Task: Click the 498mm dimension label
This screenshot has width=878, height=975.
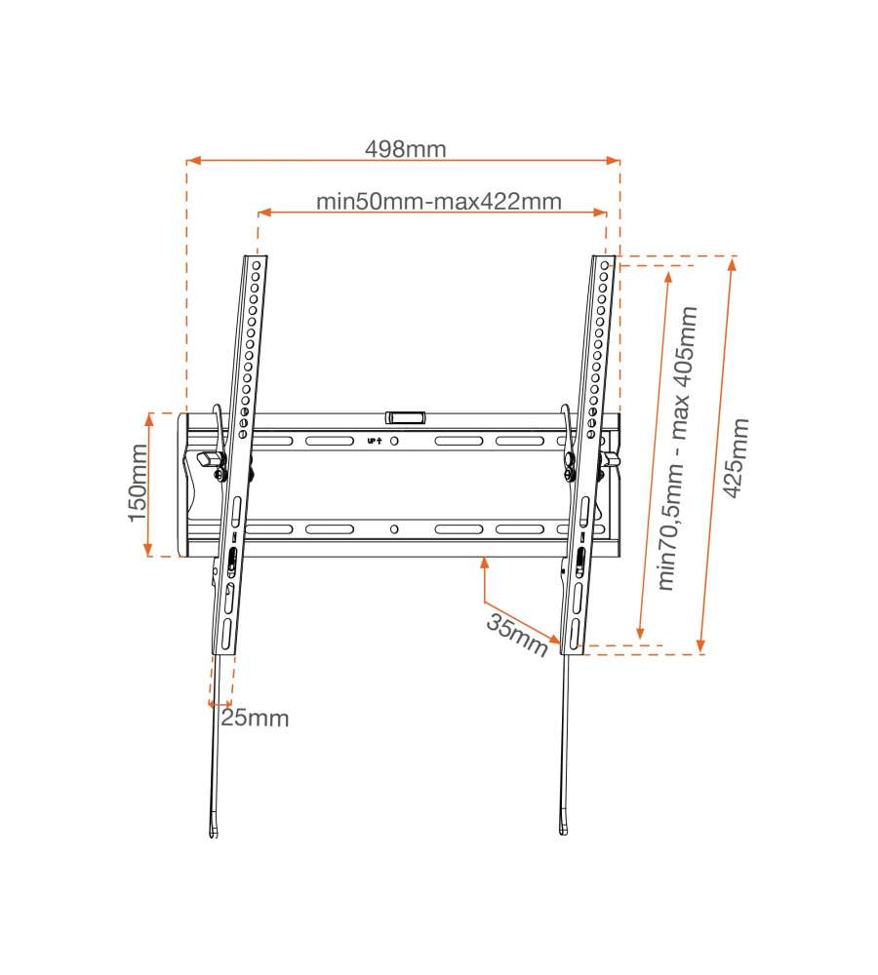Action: [x=405, y=149]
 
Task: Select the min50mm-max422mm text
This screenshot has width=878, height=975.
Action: [x=439, y=202]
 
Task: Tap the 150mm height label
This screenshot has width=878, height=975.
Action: [x=138, y=484]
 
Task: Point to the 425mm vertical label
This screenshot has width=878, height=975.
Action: [x=736, y=457]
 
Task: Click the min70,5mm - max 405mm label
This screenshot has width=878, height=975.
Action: [x=676, y=448]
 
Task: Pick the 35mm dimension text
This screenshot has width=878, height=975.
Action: [x=517, y=635]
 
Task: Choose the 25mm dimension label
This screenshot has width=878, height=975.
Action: [x=256, y=718]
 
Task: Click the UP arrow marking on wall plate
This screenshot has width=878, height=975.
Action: [x=374, y=441]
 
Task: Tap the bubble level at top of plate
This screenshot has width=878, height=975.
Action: [x=405, y=417]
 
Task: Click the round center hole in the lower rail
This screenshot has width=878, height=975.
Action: [x=394, y=529]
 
